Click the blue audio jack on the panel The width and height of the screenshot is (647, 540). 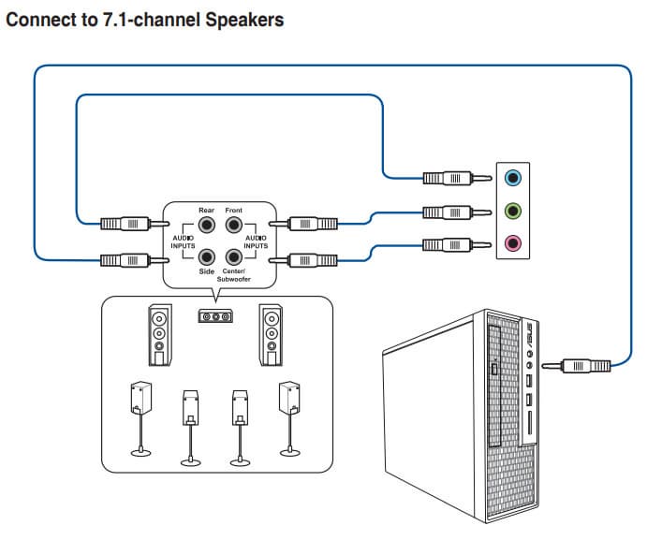[512, 177]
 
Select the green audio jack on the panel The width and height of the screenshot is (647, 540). [512, 211]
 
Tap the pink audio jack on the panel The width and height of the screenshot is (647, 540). [512, 244]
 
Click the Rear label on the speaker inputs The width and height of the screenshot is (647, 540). [206, 211]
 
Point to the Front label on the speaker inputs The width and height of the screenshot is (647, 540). [233, 211]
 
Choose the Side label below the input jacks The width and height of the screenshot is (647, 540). [207, 271]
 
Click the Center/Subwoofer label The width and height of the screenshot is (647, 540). [233, 275]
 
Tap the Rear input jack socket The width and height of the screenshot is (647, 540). [207, 226]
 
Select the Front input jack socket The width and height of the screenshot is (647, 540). [233, 226]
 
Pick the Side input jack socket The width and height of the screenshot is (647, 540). [207, 255]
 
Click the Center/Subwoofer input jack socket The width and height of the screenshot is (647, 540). [233, 255]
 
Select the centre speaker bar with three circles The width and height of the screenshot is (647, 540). [215, 316]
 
